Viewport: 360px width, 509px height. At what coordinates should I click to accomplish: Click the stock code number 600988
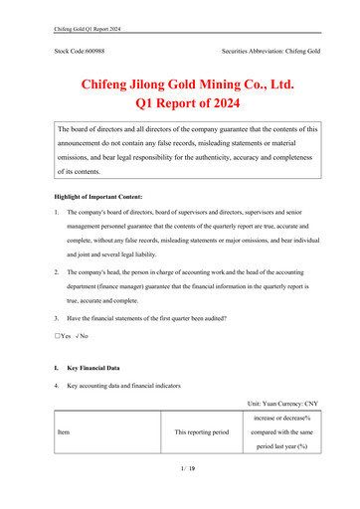(x=93, y=49)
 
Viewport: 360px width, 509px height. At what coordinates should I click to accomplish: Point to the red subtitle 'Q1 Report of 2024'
(x=179, y=100)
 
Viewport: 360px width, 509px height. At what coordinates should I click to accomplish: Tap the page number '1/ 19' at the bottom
(x=179, y=494)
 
